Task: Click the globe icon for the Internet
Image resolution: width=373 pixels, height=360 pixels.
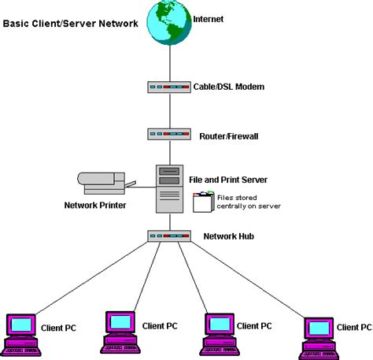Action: coord(168,23)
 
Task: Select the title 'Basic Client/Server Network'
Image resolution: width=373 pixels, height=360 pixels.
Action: coord(70,24)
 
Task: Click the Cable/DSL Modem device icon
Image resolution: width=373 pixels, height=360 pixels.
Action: coord(168,87)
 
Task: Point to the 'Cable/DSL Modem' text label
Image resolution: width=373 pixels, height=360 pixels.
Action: coord(228,87)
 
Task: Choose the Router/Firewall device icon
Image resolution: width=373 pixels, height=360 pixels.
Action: coord(168,134)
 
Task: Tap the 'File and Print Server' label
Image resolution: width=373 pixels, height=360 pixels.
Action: coord(234,179)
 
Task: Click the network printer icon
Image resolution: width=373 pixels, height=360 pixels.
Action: coord(102,182)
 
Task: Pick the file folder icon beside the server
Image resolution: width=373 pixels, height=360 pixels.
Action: coord(203,202)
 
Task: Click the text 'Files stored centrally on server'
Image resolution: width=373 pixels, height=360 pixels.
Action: coord(248,201)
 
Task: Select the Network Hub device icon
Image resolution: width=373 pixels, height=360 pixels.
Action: coord(168,236)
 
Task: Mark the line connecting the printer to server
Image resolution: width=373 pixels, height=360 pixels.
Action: coord(142,186)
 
